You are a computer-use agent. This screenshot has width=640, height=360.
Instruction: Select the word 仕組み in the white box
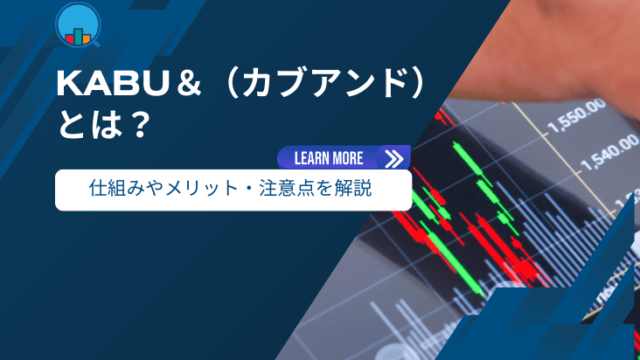(114, 187)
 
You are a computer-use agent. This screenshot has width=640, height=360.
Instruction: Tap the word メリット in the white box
(209, 187)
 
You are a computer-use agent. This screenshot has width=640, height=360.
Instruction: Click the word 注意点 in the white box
(283, 187)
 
